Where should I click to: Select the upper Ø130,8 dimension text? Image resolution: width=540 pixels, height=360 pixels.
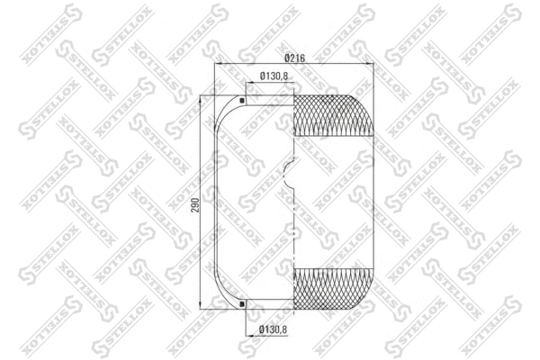pyautogui.click(x=273, y=76)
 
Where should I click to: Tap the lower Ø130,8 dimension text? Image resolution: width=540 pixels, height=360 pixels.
pyautogui.click(x=273, y=329)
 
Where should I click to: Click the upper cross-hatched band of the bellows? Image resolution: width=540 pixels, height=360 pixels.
pyautogui.click(x=333, y=114)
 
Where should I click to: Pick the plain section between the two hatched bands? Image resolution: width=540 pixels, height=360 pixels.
pyautogui.click(x=333, y=202)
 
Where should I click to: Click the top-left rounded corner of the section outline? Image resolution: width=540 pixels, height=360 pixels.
pyautogui.click(x=221, y=104)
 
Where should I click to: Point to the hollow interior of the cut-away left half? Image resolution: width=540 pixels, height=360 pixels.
pyautogui.click(x=256, y=202)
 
